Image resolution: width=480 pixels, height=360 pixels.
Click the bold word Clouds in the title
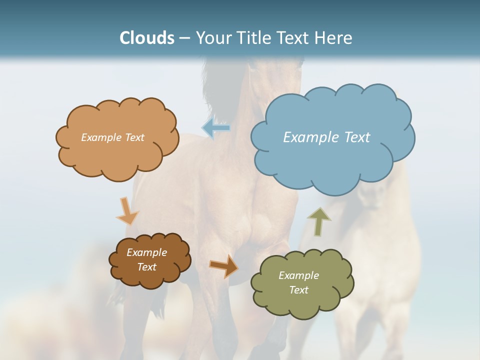pyautogui.click(x=147, y=38)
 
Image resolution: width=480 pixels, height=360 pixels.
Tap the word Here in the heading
pyautogui.click(x=333, y=38)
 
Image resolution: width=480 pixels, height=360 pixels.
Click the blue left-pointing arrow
pyautogui.click(x=216, y=128)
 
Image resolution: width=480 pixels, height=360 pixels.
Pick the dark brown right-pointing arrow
pyautogui.click(x=223, y=266)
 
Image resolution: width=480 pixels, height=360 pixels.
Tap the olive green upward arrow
pyautogui.click(x=319, y=221)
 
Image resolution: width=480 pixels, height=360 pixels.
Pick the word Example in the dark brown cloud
pyautogui.click(x=146, y=252)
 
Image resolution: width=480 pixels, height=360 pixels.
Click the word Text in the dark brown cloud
pyautogui.click(x=146, y=267)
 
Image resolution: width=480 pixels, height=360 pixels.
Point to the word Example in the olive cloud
pyautogui.click(x=298, y=275)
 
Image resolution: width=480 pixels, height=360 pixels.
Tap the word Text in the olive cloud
pyautogui.click(x=298, y=290)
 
